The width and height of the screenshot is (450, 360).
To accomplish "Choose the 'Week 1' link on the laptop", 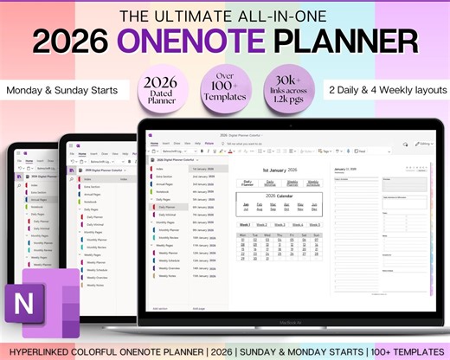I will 246,225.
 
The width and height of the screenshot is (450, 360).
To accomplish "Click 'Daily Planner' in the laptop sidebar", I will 168,207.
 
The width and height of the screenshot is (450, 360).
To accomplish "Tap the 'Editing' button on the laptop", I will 423,144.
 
